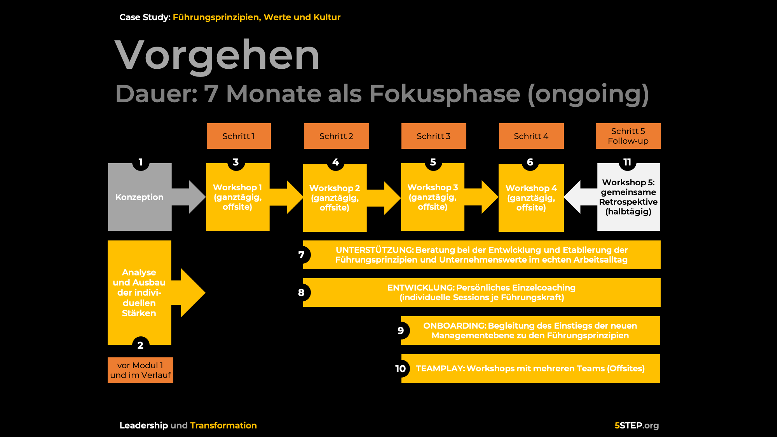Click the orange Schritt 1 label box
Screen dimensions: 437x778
[239, 136]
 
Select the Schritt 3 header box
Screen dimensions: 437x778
[434, 136]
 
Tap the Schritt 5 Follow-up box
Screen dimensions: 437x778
[628, 136]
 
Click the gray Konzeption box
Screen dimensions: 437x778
[140, 197]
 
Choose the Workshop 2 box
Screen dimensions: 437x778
[335, 198]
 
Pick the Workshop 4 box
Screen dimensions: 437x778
[531, 198]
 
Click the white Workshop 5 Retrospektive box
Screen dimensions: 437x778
[628, 197]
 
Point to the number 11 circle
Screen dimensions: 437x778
[627, 162]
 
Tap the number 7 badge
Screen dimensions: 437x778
[302, 255]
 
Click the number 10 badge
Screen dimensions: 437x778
[401, 369]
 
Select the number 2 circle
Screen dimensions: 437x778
[140, 345]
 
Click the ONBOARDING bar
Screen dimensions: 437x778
[530, 331]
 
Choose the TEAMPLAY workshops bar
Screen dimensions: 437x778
[530, 369]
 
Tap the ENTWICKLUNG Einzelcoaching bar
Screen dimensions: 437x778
[481, 292]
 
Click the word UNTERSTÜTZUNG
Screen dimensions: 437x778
[374, 250]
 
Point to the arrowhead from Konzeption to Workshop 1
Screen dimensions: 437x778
[197, 197]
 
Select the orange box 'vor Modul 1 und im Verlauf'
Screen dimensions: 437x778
[140, 370]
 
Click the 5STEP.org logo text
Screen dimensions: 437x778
[637, 425]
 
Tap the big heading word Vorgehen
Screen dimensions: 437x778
[217, 55]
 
